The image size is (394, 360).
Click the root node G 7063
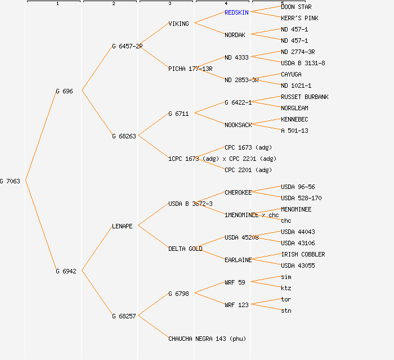[10, 181]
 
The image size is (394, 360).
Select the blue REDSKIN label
[236, 12]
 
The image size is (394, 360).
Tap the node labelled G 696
[64, 91]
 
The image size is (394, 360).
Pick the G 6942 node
[66, 271]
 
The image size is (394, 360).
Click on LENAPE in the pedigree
[122, 226]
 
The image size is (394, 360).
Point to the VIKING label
[179, 24]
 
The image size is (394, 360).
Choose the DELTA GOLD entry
[185, 249]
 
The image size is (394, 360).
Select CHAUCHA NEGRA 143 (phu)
[207, 339]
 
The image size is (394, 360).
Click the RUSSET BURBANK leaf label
[305, 97]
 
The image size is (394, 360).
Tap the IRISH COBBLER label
[303, 254]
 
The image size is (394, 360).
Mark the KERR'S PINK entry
[299, 18]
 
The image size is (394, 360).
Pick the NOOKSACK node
[238, 125]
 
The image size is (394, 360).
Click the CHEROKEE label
[238, 192]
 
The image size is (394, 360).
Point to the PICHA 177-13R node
[190, 69]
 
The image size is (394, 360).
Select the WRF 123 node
[236, 305]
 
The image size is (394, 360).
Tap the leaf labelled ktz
[286, 288]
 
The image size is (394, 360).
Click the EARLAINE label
[238, 260]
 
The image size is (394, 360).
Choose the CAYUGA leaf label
[291, 74]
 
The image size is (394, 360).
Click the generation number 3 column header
[169, 4]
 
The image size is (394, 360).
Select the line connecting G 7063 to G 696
[40, 136]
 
